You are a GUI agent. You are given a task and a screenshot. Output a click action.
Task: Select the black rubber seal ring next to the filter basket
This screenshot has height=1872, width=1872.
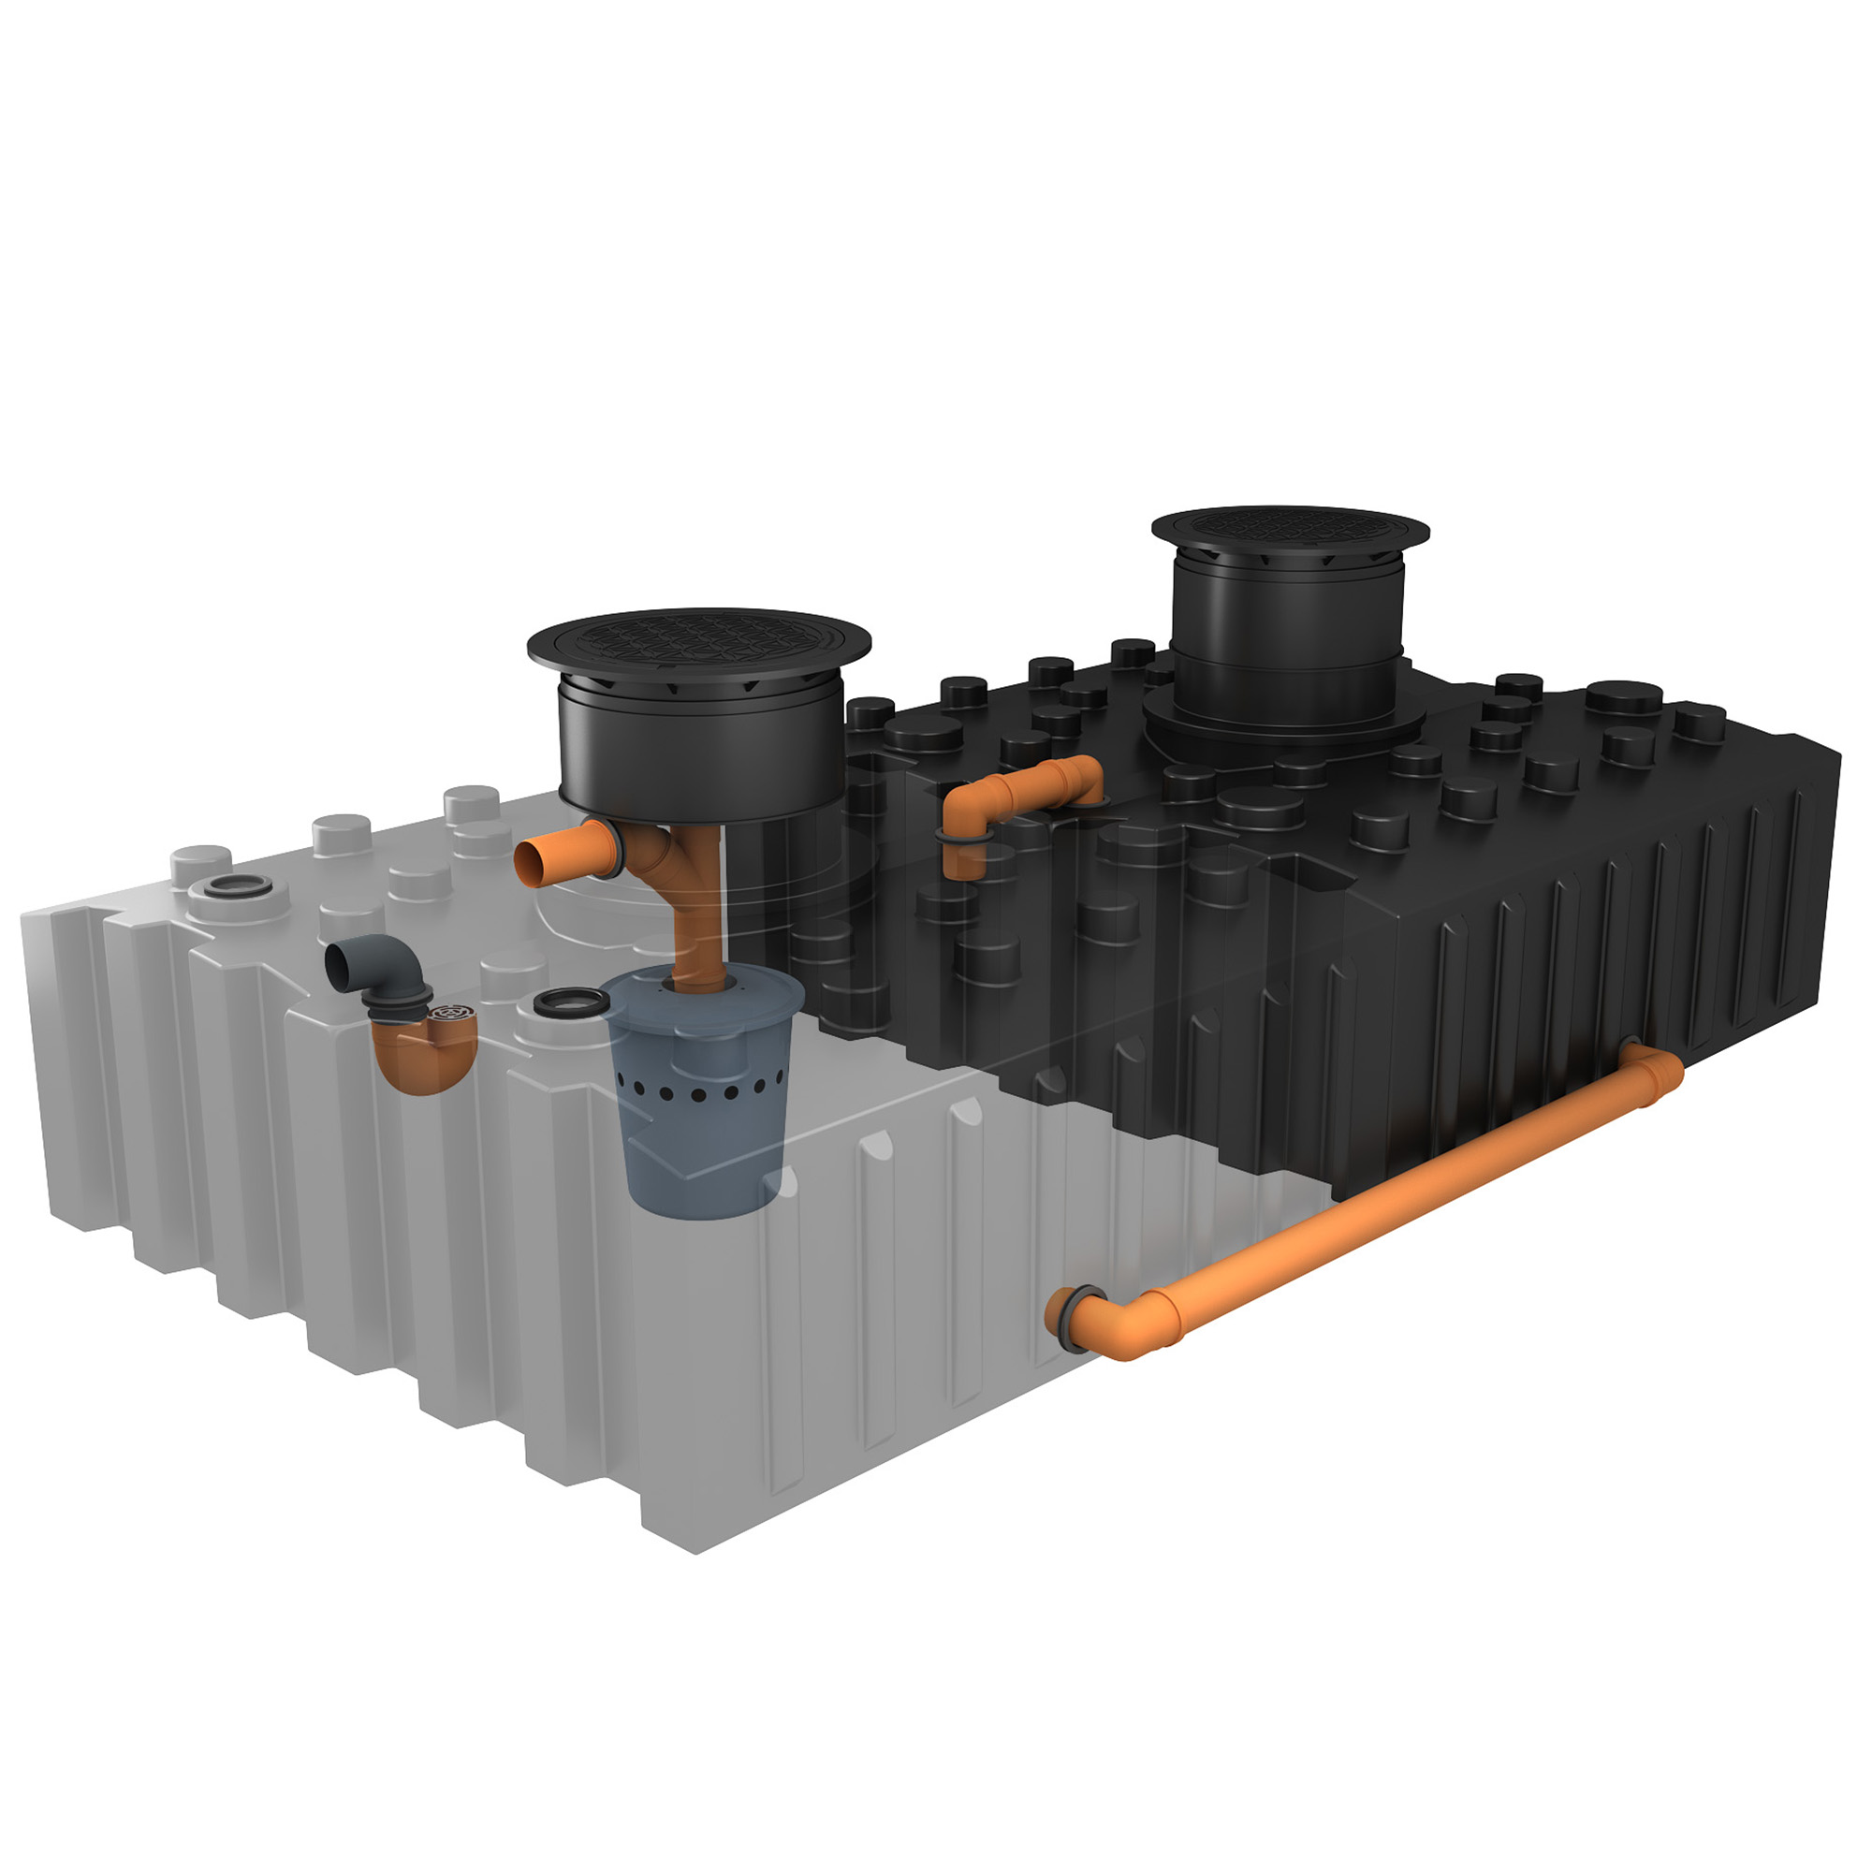point(565,1001)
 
